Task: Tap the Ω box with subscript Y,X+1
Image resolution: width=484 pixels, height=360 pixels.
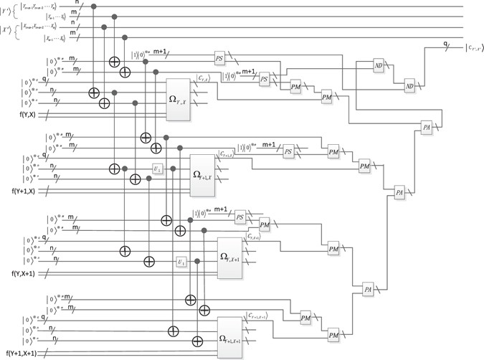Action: [x=229, y=254]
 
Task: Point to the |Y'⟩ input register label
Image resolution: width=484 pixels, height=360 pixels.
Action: [x=8, y=10]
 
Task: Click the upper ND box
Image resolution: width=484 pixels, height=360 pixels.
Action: [x=378, y=66]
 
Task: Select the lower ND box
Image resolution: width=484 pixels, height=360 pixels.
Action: [x=410, y=85]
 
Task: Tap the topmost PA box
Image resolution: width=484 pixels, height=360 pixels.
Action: [x=427, y=127]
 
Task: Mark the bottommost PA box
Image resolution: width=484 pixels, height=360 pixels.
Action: [x=369, y=289]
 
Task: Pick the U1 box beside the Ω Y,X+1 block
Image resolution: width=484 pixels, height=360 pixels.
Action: [x=181, y=262]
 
